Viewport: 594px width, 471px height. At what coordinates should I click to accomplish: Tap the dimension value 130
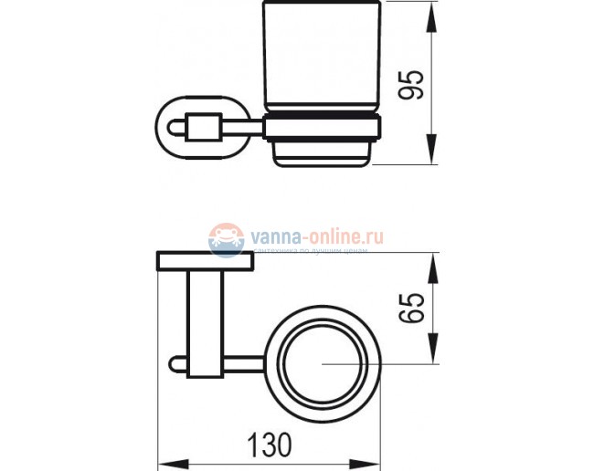270,443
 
